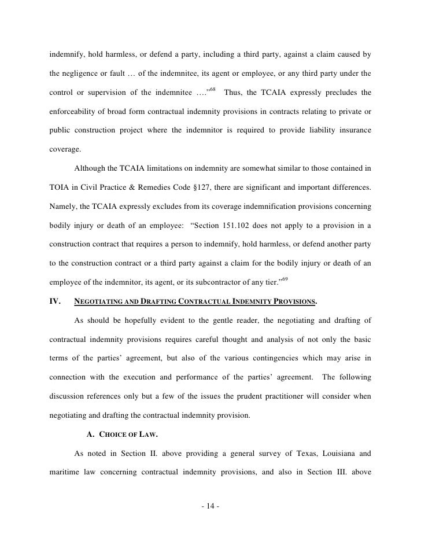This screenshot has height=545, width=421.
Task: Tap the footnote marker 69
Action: [x=284, y=279]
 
